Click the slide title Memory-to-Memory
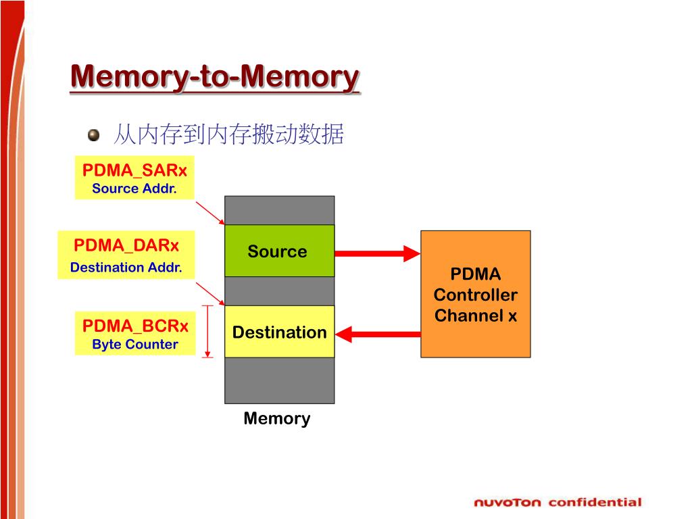[215, 77]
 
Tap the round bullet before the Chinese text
[93, 134]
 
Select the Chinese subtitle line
[228, 134]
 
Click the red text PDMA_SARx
[134, 170]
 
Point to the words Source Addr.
[134, 189]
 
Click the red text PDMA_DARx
[126, 245]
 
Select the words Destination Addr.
[126, 268]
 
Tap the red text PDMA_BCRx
[135, 326]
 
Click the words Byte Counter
[135, 344]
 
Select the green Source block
[279, 251]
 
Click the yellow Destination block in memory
[279, 331]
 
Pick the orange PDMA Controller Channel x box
[475, 294]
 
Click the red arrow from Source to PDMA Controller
[377, 253]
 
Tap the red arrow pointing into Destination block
[378, 334]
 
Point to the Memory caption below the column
[277, 418]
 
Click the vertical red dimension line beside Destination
[207, 331]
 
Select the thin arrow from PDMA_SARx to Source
[210, 213]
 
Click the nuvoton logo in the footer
[507, 503]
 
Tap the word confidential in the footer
[595, 502]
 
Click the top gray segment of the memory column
[279, 211]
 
